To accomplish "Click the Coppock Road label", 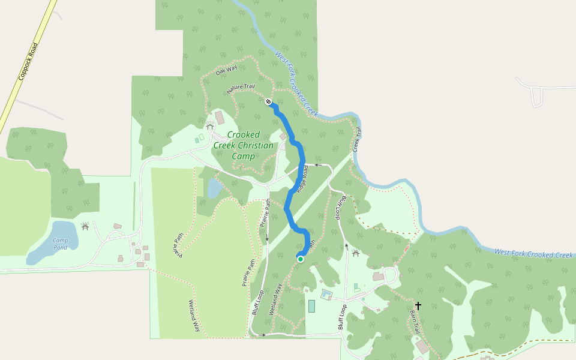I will click(28, 62).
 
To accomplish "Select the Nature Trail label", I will click(241, 88).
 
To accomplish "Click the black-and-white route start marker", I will click(268, 101).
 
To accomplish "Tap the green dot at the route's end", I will click(300, 259).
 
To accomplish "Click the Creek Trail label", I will click(357, 139).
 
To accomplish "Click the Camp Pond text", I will click(60, 244).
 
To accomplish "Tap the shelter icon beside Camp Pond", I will click(85, 227).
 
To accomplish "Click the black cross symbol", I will click(418, 306).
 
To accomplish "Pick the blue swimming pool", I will click(326, 294).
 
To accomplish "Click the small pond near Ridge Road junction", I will click(214, 188).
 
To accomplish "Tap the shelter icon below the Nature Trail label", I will click(210, 127).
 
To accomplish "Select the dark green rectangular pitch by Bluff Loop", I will click(311, 305).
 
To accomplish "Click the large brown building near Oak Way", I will click(220, 117).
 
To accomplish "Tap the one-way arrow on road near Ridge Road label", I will click(319, 164).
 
